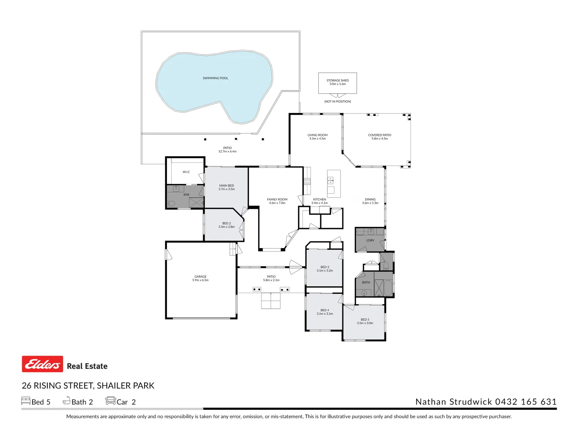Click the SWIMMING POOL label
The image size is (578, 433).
(x=215, y=78)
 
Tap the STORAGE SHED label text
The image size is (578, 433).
(x=338, y=81)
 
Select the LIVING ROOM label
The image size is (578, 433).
(x=317, y=135)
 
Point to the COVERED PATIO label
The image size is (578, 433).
(x=379, y=135)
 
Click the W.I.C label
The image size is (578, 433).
(x=186, y=172)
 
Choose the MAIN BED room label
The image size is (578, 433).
(x=226, y=186)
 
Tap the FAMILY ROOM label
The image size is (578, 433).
(x=277, y=199)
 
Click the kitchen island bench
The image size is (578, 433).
(x=334, y=184)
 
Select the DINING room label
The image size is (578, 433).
(x=370, y=199)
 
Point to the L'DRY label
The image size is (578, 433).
(x=370, y=241)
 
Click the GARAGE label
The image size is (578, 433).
(x=200, y=277)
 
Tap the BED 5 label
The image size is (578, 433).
(x=365, y=320)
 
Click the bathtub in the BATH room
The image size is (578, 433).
(x=388, y=288)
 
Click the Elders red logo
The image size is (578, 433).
(x=43, y=364)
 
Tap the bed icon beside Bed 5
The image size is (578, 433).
(x=26, y=401)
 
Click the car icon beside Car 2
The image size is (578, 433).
(x=110, y=401)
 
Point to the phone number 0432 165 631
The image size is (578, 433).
(x=526, y=402)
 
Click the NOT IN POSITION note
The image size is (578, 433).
(x=338, y=101)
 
